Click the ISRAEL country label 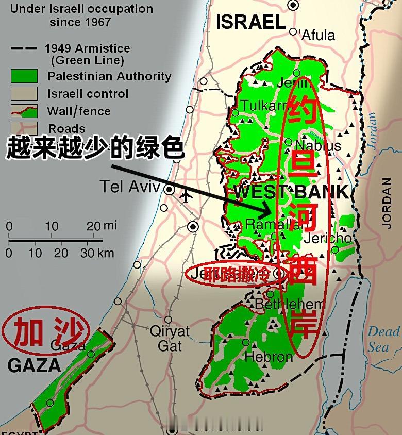[x=250, y=22]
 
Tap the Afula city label [x=317, y=35]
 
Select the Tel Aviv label [x=130, y=187]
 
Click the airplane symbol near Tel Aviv [x=186, y=195]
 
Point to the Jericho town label [x=328, y=239]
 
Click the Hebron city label [x=269, y=357]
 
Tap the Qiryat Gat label [x=170, y=338]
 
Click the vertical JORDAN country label [x=387, y=203]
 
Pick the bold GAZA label [x=34, y=366]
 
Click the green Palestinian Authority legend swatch [x=24, y=76]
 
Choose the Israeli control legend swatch [x=24, y=94]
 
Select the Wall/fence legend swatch [x=24, y=111]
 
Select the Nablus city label [x=318, y=146]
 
